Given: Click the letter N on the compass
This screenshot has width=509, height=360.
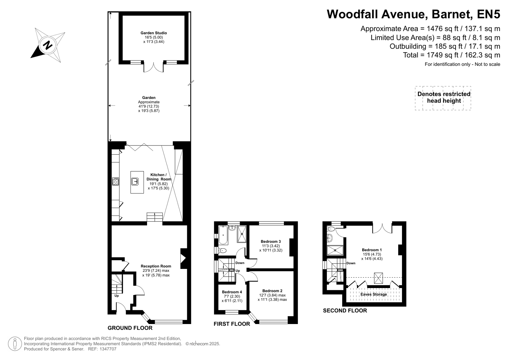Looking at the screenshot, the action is pyautogui.click(x=48, y=45).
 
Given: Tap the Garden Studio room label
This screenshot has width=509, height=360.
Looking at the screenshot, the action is pyautogui.click(x=154, y=33).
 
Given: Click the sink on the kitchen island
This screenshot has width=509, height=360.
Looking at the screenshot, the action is pyautogui.click(x=135, y=181).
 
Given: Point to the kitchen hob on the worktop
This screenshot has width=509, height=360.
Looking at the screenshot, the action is pyautogui.click(x=116, y=181).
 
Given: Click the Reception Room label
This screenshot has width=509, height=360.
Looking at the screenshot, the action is pyautogui.click(x=156, y=266).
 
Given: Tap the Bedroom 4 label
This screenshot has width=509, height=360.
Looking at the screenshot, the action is pyautogui.click(x=232, y=292).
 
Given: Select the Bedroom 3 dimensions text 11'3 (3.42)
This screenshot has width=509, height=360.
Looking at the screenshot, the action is pyautogui.click(x=271, y=246).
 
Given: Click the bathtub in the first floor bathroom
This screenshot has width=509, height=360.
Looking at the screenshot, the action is pyautogui.click(x=223, y=235).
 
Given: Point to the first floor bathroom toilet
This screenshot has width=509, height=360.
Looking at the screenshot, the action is pyautogui.click(x=223, y=251).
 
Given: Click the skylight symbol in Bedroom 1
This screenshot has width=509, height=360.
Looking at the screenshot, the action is pyautogui.click(x=378, y=278).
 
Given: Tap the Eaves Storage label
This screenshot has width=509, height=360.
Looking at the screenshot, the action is pyautogui.click(x=374, y=294).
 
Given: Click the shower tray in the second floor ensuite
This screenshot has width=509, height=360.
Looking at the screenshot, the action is pyautogui.click(x=335, y=250).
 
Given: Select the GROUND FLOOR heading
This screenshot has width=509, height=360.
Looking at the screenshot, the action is pyautogui.click(x=130, y=328).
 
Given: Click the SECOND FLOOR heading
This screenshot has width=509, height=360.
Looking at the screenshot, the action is pyautogui.click(x=345, y=311).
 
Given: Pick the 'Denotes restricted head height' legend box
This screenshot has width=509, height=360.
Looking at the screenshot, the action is pyautogui.click(x=443, y=98).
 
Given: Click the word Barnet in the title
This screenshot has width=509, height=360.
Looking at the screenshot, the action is pyautogui.click(x=451, y=14).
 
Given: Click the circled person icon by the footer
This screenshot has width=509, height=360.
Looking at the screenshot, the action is pyautogui.click(x=15, y=344).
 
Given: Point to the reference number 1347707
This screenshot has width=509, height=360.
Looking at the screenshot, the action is pyautogui.click(x=108, y=349).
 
